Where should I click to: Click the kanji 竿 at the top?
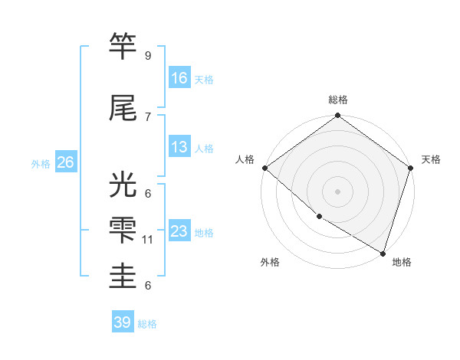coord(124,47)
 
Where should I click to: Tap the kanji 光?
coord(124,185)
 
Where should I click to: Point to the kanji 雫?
coord(124,230)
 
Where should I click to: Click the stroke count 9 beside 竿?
coord(147,56)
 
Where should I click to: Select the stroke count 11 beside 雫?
coord(149,240)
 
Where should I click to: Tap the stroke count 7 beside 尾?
coord(147,116)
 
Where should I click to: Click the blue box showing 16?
coord(179,77)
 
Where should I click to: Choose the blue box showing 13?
coord(179,147)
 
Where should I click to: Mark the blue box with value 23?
coord(179,231)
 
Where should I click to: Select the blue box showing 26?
coord(65,162)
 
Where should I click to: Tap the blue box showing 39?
coord(123,322)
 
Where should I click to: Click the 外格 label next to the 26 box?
coord(41,163)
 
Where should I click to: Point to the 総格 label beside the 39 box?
coord(147,324)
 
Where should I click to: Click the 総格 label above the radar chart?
coord(338,100)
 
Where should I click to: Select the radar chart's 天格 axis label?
coord(432,159)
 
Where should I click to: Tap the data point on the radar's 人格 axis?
coord(264,168)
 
